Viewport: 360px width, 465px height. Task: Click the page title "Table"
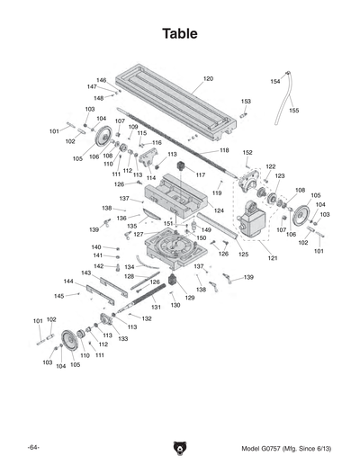180,33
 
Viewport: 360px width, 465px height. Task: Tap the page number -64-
33,448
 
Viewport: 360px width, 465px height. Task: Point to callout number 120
208,79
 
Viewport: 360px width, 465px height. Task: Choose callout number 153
246,102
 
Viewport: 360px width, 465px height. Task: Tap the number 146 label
102,80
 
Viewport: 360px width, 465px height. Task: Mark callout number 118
224,150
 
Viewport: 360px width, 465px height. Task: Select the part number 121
272,259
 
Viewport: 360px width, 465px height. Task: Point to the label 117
201,174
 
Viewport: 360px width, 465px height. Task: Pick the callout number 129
190,298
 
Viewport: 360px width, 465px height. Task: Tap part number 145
59,295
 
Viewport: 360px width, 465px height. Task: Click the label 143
86,272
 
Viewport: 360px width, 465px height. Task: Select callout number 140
96,246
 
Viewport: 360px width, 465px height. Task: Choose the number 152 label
247,153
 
